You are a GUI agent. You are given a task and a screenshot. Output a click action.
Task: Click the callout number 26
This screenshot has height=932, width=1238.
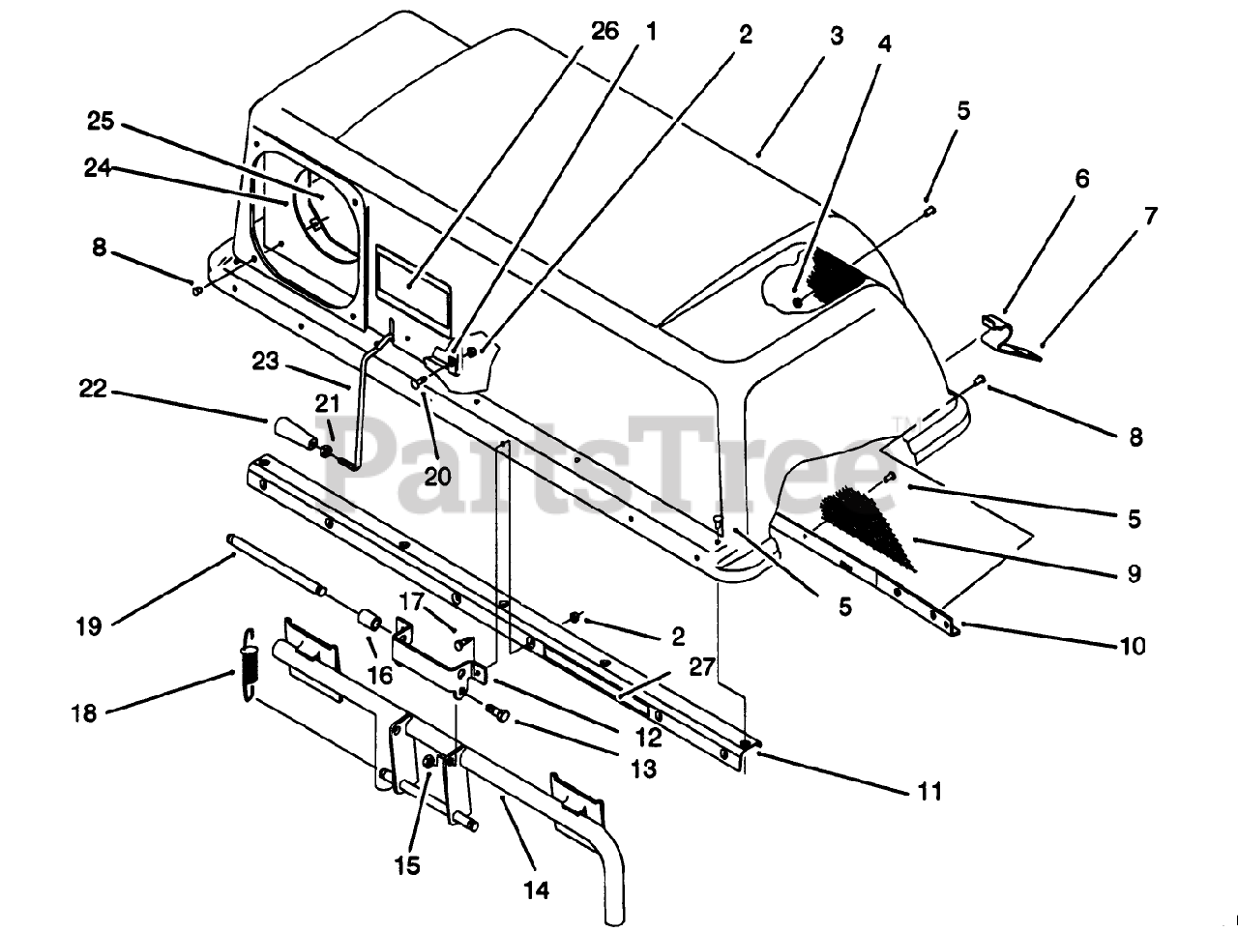(604, 31)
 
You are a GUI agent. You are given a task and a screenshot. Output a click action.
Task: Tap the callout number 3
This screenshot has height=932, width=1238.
(837, 36)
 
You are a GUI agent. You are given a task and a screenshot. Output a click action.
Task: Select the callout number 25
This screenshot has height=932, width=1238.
(101, 121)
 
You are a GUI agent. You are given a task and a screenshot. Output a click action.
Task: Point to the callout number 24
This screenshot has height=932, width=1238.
(98, 168)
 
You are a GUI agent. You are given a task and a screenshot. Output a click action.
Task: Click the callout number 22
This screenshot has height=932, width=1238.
(93, 389)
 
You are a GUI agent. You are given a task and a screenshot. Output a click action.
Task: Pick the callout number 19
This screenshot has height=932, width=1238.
(89, 626)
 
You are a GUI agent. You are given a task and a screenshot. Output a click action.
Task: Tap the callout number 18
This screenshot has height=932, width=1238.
(84, 714)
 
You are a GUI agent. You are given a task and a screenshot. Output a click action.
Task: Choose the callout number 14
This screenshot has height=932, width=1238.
(536, 890)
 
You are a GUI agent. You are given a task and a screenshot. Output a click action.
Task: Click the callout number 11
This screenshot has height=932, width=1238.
(930, 792)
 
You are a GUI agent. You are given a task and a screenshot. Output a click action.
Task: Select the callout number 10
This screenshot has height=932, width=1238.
(1134, 646)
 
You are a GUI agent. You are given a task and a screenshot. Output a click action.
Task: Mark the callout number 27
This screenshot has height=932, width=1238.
(702, 667)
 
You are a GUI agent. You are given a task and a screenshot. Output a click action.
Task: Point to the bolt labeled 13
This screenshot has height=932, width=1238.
(497, 713)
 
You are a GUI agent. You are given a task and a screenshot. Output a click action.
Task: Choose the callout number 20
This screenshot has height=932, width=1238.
(438, 477)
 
